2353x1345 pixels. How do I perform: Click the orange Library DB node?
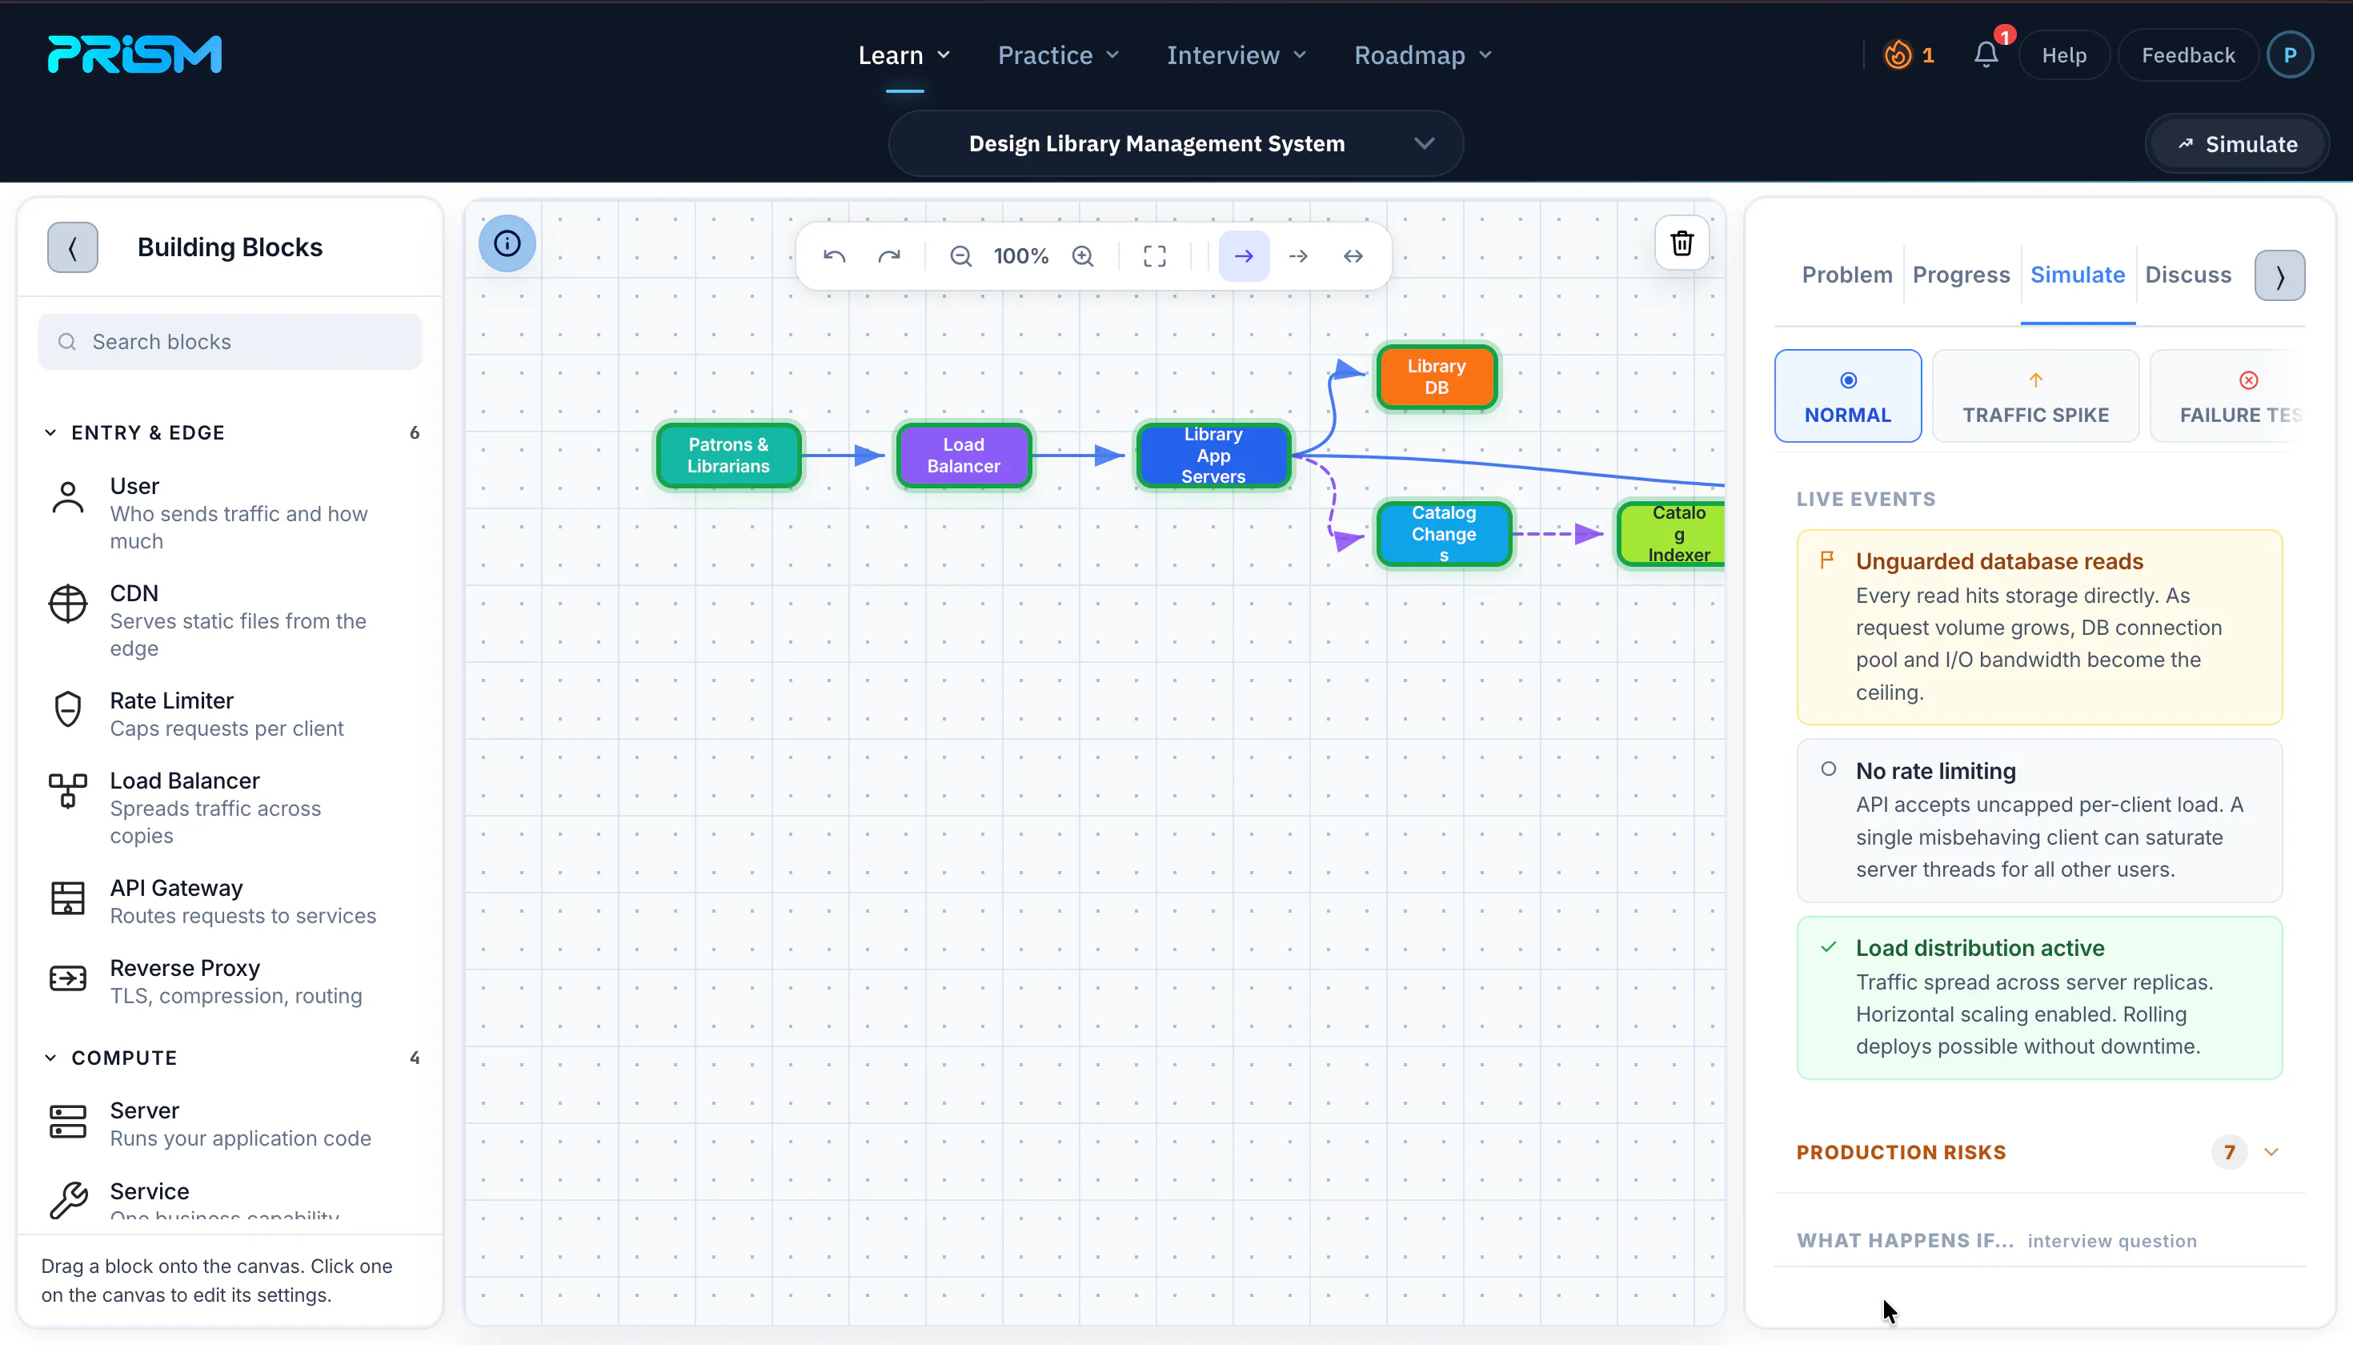(x=1436, y=377)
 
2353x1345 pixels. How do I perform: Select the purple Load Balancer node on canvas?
(x=963, y=456)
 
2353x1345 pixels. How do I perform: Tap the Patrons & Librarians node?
(x=728, y=456)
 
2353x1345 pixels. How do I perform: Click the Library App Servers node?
(x=1213, y=456)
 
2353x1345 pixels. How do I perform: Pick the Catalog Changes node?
(x=1443, y=534)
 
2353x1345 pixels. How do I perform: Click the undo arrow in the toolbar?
(x=834, y=256)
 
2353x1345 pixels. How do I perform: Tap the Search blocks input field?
(x=230, y=342)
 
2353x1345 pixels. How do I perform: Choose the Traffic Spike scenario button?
(x=2035, y=396)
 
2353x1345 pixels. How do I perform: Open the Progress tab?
(x=1961, y=275)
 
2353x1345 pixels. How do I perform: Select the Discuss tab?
(x=2187, y=275)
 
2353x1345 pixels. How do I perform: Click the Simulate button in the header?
(x=2237, y=144)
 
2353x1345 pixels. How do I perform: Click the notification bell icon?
(x=1986, y=55)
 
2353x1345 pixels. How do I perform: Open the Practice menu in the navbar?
(x=1058, y=55)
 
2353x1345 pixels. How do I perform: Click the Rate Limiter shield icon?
(x=67, y=709)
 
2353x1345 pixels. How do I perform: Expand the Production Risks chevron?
(x=2271, y=1152)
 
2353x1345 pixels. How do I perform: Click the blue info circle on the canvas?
(x=507, y=244)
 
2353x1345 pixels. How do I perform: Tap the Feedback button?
(x=2187, y=55)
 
